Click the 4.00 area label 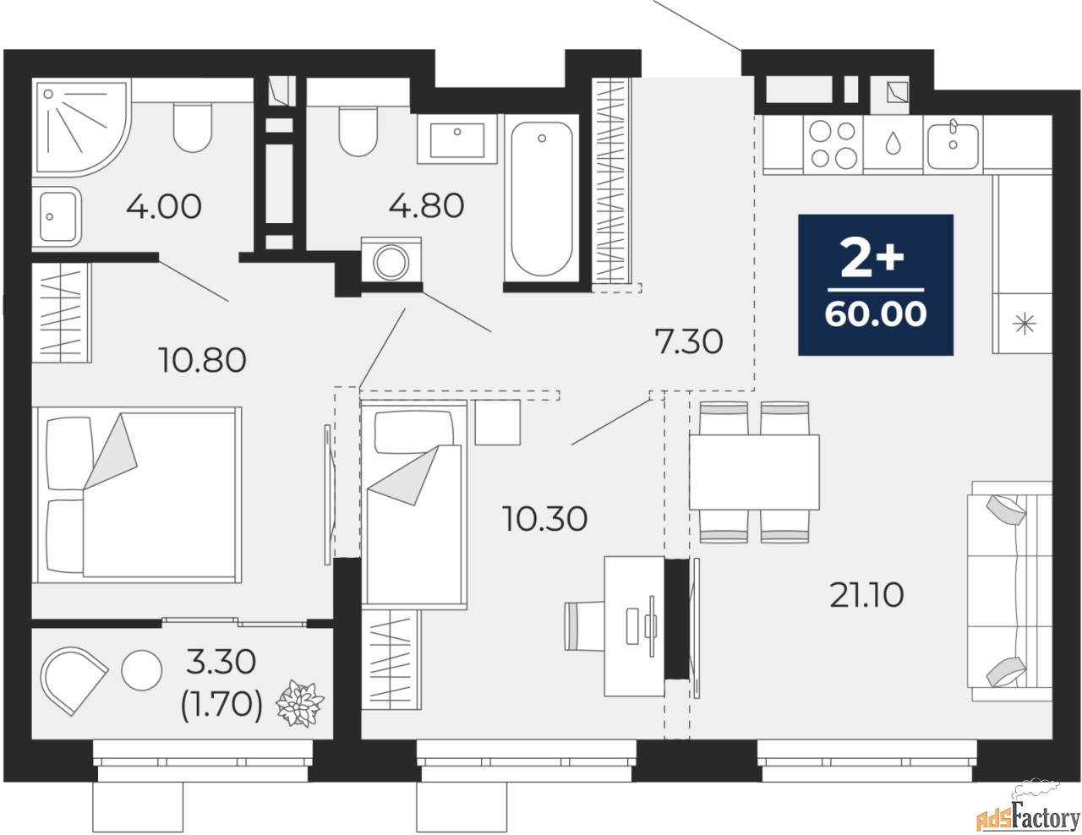click(x=164, y=206)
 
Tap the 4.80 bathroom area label click(x=426, y=206)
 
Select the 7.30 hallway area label click(x=689, y=342)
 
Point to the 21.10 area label click(x=866, y=595)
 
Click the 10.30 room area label click(x=544, y=519)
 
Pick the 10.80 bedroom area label click(x=202, y=360)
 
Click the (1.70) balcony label click(x=221, y=707)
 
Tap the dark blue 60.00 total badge click(x=876, y=285)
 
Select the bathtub click(x=542, y=199)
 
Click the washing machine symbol click(x=391, y=261)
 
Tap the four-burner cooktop click(x=833, y=145)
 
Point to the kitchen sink click(x=953, y=145)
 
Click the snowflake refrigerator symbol click(x=1022, y=324)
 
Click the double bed click(x=137, y=495)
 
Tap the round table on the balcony click(x=142, y=670)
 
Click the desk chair click(x=584, y=625)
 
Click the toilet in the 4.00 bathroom click(x=193, y=128)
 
